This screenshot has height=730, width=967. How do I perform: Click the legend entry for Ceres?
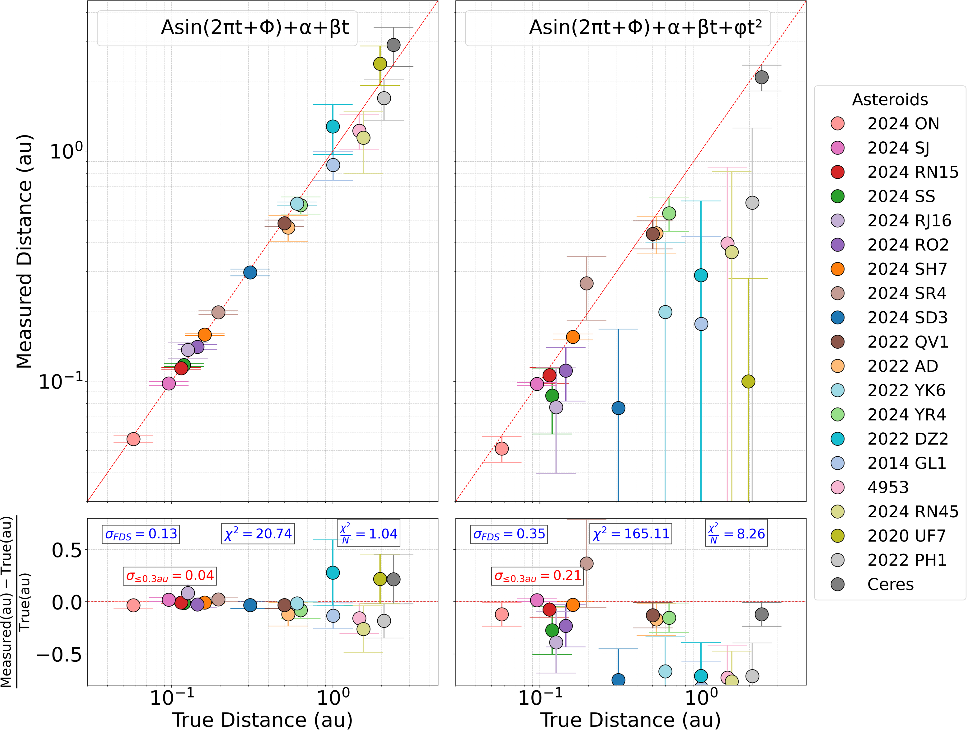[890, 584]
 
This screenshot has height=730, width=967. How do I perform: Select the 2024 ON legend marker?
[837, 124]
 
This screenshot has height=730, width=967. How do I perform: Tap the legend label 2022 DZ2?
[908, 439]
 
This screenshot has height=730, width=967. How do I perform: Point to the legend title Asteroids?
[890, 100]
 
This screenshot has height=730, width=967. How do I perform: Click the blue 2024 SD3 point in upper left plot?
[250, 272]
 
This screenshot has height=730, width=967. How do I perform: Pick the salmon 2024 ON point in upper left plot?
[133, 439]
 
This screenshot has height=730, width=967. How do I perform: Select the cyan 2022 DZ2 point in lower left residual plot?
[333, 573]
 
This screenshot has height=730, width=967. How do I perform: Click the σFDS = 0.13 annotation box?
[141, 534]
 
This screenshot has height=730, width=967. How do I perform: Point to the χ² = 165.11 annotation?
[631, 534]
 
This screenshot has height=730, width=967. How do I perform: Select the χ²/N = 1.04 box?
[369, 533]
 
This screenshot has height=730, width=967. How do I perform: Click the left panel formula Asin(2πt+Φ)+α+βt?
[255, 28]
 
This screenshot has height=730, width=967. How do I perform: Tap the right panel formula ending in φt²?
[645, 28]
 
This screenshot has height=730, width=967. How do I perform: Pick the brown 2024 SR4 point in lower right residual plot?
[586, 564]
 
